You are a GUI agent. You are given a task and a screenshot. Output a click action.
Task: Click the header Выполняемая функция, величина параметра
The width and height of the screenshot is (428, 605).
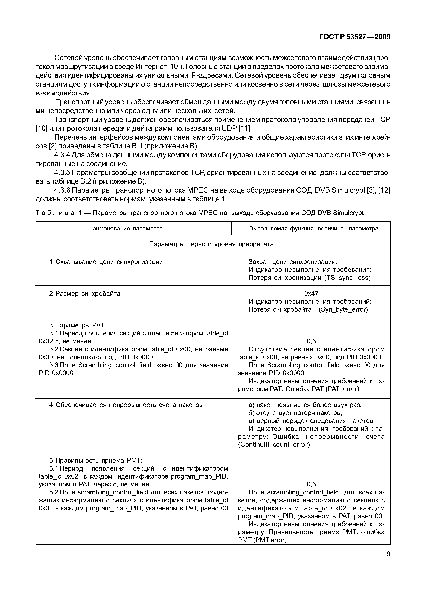click(314, 228)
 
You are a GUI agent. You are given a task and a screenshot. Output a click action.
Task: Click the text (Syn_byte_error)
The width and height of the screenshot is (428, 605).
click(343, 309)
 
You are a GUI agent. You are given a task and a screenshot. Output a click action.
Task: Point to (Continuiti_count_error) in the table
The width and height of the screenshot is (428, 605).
click(274, 445)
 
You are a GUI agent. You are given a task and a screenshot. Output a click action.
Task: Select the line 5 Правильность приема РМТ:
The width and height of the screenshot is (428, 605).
click(96, 461)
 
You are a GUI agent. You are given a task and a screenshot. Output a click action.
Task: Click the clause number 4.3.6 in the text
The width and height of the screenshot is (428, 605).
click(62, 190)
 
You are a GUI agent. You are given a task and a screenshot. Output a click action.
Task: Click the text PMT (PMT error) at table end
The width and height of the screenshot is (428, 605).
click(262, 540)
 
